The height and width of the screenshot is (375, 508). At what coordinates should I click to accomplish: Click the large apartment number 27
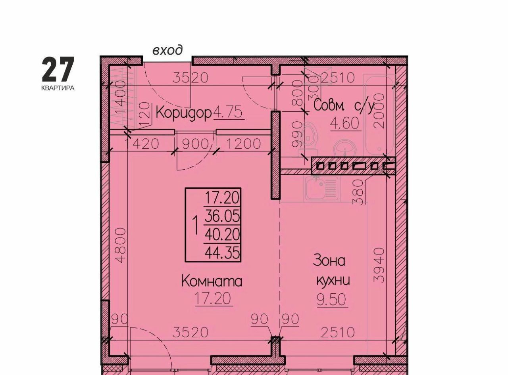(x=58, y=69)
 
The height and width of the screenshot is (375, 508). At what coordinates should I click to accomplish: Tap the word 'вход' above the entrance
(x=168, y=50)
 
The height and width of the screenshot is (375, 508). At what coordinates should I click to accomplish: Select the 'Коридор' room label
(x=183, y=113)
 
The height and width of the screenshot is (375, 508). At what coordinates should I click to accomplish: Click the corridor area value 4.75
(x=228, y=113)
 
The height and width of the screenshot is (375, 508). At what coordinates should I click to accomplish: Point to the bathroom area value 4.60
(x=344, y=124)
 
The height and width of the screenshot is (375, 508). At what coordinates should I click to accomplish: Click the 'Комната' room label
(x=212, y=281)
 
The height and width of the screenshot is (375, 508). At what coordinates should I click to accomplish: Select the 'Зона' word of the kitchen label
(x=329, y=261)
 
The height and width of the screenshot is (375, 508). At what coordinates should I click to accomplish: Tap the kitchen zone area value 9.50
(x=331, y=300)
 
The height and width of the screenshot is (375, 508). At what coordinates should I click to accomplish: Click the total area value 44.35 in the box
(x=222, y=253)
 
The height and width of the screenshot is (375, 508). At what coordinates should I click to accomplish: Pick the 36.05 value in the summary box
(x=222, y=216)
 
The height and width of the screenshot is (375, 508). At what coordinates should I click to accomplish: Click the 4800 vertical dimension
(x=121, y=245)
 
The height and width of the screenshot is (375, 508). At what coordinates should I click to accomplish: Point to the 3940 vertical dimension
(x=379, y=265)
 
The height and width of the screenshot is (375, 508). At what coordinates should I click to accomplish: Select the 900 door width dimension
(x=195, y=144)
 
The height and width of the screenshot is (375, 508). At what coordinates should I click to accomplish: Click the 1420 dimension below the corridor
(x=142, y=144)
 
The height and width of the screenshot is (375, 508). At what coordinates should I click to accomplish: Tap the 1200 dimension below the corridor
(x=243, y=144)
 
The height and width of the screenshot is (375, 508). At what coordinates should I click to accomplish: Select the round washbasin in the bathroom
(x=345, y=149)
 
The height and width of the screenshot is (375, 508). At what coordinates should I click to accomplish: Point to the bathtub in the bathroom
(x=379, y=115)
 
